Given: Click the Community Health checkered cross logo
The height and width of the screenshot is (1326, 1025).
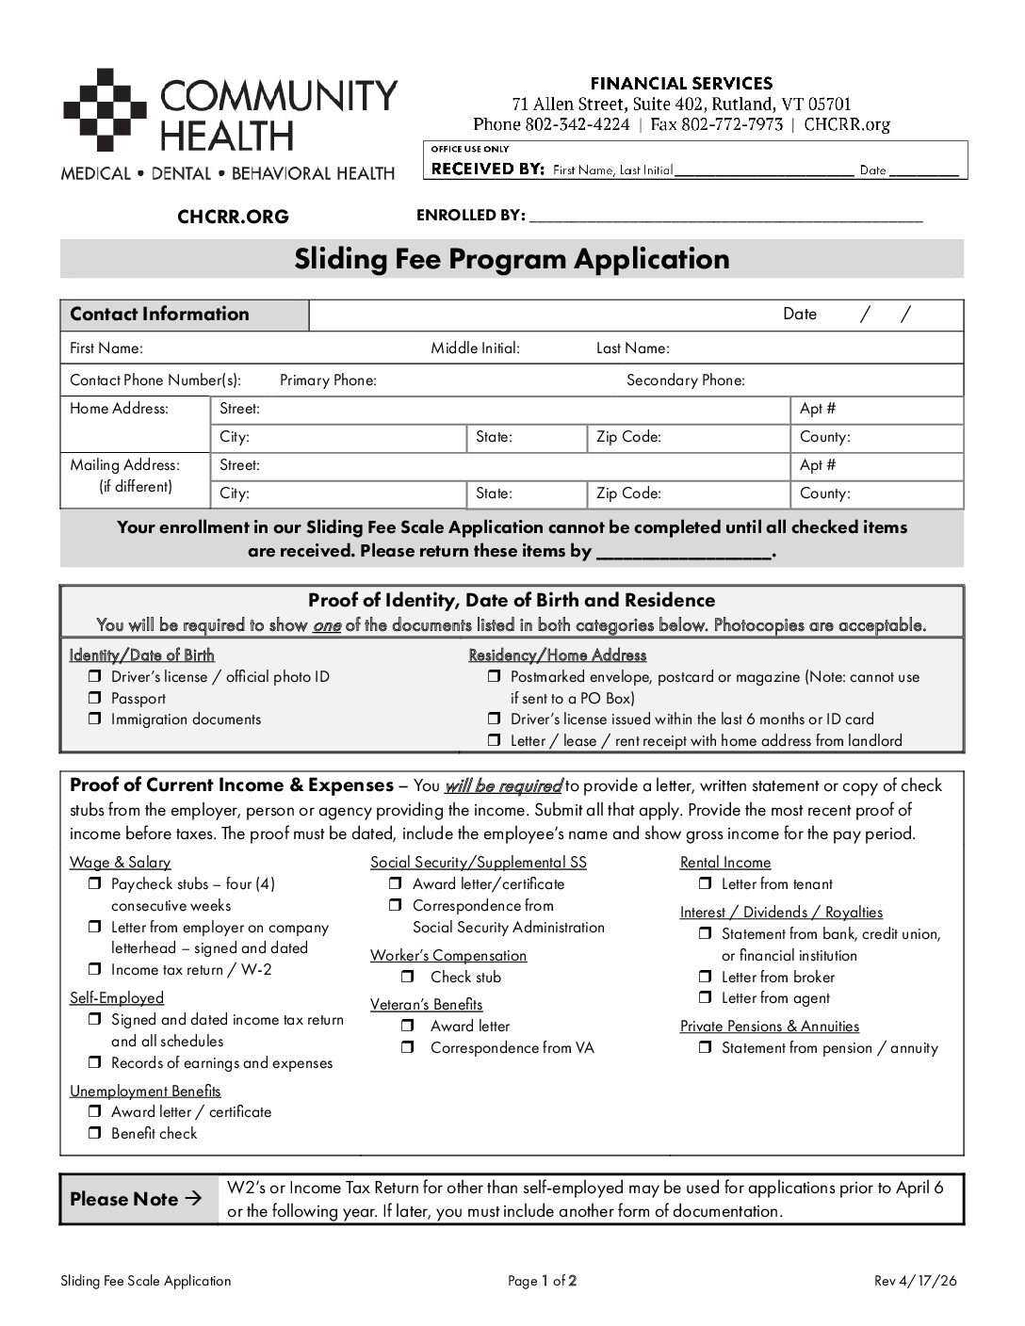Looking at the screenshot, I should [106, 109].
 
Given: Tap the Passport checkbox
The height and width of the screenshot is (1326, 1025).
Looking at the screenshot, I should [94, 698].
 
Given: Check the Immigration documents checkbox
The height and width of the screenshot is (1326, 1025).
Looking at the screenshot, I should [94, 719].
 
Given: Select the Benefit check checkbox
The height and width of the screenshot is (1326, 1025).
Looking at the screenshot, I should [94, 1133].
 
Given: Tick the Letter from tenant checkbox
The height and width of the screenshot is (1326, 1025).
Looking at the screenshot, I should [705, 883].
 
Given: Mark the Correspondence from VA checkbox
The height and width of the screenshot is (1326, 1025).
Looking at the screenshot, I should [407, 1047].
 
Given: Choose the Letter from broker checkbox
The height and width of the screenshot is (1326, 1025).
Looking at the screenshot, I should [705, 977].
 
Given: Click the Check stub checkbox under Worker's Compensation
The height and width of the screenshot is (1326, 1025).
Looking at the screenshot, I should [407, 977].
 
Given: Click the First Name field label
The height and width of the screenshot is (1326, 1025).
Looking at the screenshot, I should [106, 348].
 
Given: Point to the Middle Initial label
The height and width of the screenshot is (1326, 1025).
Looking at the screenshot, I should [475, 348].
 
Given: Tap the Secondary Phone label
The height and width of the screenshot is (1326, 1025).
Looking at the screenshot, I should [685, 380].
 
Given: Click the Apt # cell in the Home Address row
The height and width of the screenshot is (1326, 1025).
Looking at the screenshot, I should [876, 409].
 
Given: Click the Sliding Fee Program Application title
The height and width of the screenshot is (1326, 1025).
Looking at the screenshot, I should [512, 259].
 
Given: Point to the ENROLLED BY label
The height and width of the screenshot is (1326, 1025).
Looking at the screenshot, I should [470, 216].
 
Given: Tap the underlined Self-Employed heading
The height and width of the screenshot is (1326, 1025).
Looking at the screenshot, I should [117, 997].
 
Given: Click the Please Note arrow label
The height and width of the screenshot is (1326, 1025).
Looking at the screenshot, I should [136, 1199].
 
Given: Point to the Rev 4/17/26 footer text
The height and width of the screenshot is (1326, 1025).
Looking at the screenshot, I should [915, 1281].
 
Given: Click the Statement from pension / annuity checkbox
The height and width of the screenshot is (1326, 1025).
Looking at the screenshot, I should [705, 1047].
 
